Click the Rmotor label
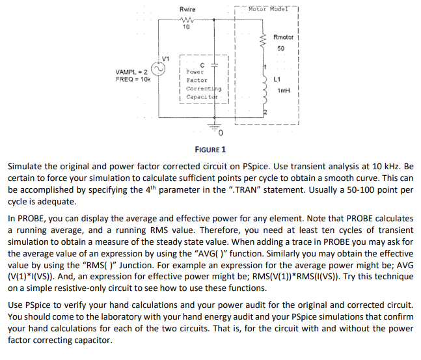[284, 38]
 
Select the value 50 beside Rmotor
[280, 49]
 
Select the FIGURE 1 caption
[210, 150]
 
